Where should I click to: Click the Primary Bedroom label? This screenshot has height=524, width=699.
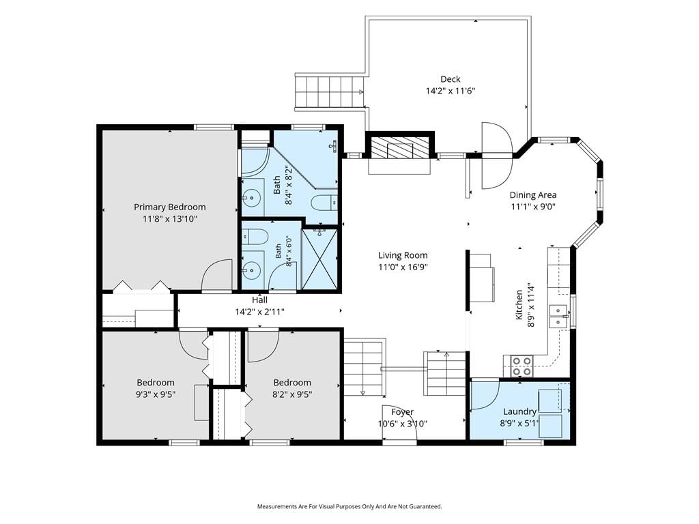coord(170,207)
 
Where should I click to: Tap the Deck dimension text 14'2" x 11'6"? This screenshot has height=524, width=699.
coord(451,91)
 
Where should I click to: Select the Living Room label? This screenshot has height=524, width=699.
coord(403,255)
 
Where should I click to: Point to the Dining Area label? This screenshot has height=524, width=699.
coord(532,194)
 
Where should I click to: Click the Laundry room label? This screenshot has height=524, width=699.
coord(519,411)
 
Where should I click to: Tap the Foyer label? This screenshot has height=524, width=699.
coord(403,412)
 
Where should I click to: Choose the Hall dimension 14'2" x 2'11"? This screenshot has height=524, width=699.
coord(260,312)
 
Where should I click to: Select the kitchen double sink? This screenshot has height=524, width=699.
coord(558,317)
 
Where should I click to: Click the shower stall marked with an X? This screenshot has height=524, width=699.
coord(319,259)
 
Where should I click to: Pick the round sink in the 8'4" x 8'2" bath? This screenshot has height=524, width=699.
coord(253,196)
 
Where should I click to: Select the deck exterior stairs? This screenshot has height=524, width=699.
coord(329,91)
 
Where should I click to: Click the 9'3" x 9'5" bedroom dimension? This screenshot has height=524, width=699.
coord(156,394)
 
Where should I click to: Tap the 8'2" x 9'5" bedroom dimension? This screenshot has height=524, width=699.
coord(292,394)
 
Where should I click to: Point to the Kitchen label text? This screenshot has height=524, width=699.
coord(519,304)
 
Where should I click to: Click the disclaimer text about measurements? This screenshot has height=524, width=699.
coord(349,507)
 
